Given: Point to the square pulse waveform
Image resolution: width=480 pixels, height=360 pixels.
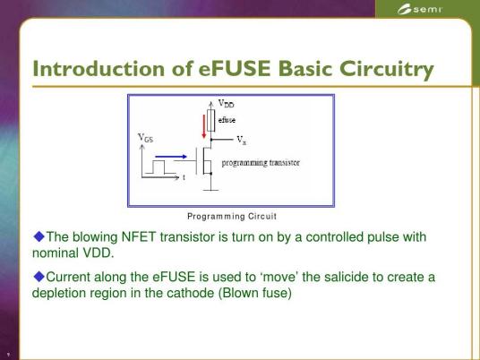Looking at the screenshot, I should [x=160, y=167].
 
